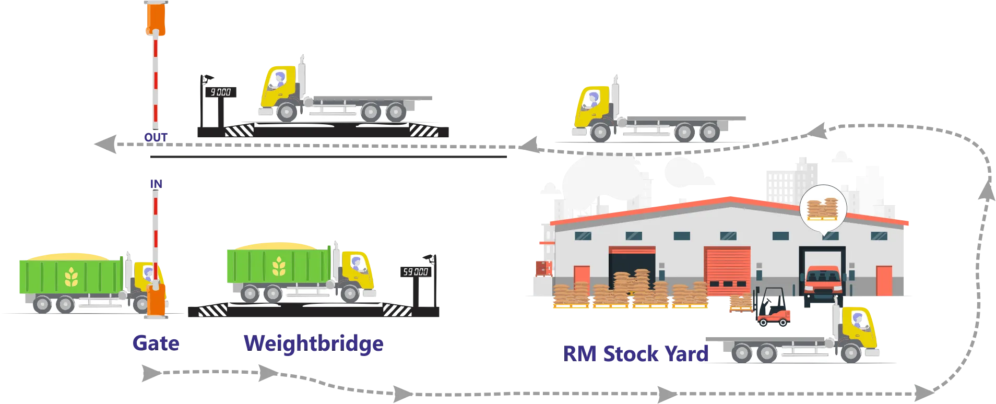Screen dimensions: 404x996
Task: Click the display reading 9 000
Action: tap(220, 92)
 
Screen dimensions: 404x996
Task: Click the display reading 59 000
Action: tap(415, 271)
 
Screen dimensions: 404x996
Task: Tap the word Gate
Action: tap(156, 343)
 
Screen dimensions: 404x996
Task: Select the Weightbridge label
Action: tap(313, 343)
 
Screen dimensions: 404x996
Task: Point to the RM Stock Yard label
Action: tap(636, 354)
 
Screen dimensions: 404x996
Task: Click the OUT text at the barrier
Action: tap(156, 137)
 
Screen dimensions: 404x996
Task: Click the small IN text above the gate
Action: tap(156, 184)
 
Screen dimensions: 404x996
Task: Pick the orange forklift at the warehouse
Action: tap(772, 310)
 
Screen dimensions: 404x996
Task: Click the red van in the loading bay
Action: tap(822, 284)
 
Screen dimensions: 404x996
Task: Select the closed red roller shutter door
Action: tap(727, 271)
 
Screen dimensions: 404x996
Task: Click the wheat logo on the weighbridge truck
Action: tap(279, 266)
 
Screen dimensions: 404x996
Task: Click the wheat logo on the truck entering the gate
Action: tap(71, 277)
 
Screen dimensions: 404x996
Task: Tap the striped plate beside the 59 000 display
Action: tap(397, 311)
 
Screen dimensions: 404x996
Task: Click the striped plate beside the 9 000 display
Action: tap(239, 130)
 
